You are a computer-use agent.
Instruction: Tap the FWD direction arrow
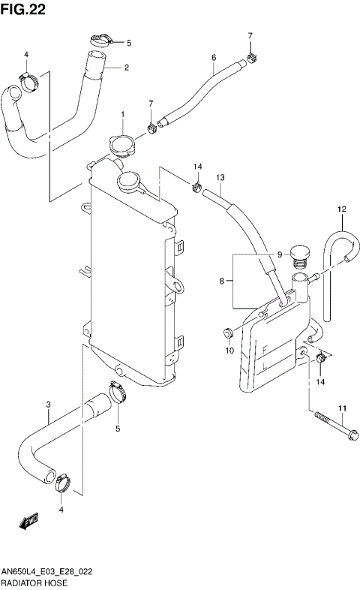point(29,519)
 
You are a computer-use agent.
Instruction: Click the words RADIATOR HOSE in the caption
point(34,582)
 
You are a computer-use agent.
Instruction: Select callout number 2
point(127,68)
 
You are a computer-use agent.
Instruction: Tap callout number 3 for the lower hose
point(48,405)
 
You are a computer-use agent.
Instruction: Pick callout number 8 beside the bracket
point(221,282)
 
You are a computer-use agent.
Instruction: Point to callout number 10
point(229,350)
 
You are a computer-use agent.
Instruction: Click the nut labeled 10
point(226,332)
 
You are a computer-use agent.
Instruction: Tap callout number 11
point(341,408)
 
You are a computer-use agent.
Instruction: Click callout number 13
point(220,178)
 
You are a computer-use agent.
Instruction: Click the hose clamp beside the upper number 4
point(29,79)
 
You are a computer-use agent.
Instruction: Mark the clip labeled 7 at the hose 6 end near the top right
point(253,56)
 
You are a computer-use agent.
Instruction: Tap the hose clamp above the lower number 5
point(116,390)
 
